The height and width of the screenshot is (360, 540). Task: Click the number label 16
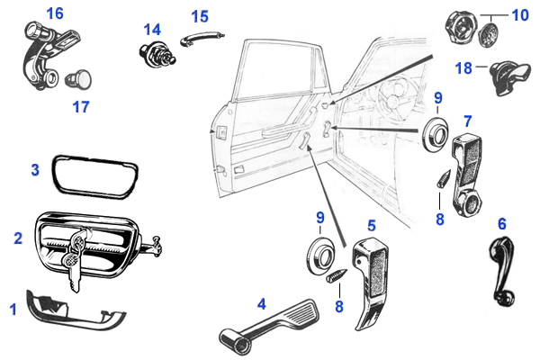tap(54, 13)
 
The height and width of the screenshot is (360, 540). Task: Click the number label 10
tap(520, 15)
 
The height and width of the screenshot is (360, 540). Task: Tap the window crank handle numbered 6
tap(498, 266)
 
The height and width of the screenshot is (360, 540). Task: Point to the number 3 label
tap(34, 169)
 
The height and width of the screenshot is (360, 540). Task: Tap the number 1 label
tap(13, 310)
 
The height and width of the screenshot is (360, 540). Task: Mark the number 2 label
tap(17, 238)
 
